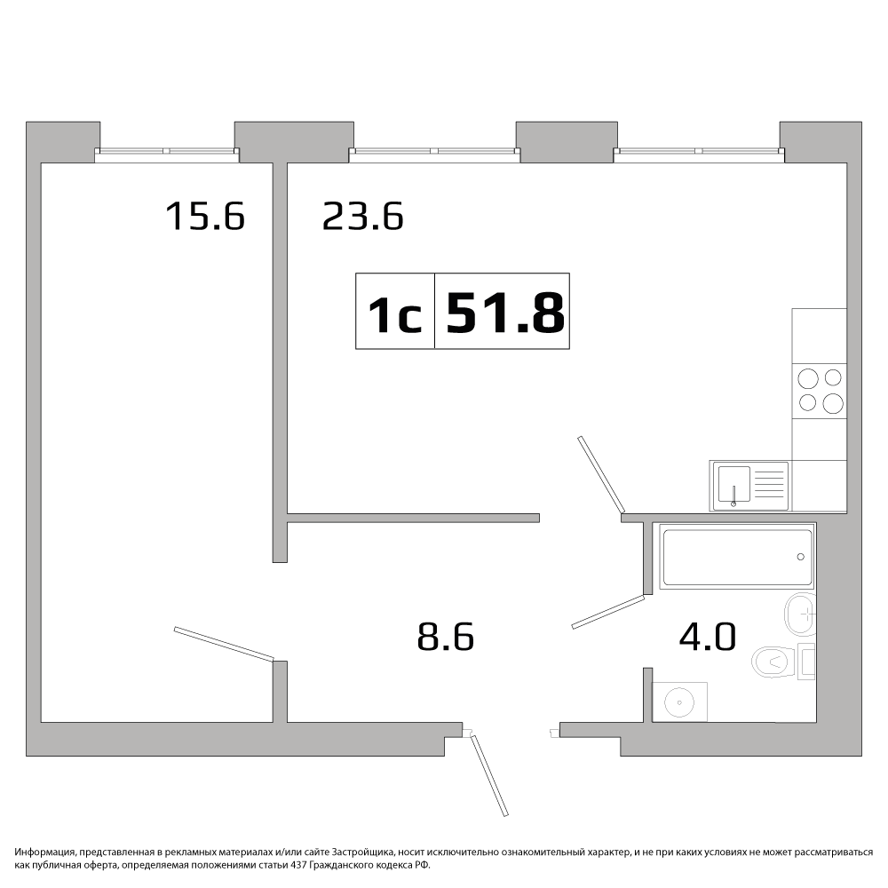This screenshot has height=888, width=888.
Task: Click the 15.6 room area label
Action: point(205,217)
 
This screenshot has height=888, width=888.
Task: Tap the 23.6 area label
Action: point(362,217)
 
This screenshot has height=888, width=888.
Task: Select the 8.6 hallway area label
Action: point(445,637)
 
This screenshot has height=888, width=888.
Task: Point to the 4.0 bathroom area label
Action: point(708,637)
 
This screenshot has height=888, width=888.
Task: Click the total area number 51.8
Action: point(505,312)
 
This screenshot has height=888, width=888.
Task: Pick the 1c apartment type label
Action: point(395,315)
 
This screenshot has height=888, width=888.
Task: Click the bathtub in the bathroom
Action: point(736,558)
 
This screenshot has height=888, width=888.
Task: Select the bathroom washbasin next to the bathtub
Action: point(800,614)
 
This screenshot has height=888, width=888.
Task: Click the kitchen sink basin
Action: point(734,485)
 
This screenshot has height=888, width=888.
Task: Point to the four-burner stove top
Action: point(820,391)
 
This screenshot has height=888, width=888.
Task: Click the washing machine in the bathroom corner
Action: point(679,702)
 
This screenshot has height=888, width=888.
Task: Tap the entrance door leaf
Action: point(489,774)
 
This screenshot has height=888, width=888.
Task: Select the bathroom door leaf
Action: point(608,612)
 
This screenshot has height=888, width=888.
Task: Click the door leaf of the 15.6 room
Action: point(224,644)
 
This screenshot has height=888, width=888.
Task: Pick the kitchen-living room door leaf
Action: point(600,474)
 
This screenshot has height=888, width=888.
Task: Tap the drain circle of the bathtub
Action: point(800,557)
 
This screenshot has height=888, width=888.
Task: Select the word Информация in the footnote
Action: point(44,852)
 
